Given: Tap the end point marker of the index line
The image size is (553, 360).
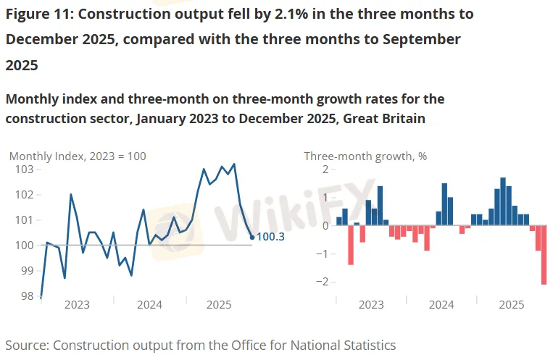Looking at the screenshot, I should (251, 237).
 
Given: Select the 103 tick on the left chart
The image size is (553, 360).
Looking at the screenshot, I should (24, 169).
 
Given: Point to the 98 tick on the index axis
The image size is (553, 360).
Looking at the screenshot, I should (28, 296).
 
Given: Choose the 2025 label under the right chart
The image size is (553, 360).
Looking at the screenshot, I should (512, 305).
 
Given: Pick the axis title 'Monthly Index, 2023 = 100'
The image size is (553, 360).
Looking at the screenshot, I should (78, 156).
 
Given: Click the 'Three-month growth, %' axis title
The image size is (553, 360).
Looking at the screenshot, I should (365, 156).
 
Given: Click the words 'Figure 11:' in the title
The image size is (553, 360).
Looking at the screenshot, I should (43, 14).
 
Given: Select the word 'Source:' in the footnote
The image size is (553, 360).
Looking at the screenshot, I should (27, 345).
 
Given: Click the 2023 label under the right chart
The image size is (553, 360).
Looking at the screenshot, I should (371, 305).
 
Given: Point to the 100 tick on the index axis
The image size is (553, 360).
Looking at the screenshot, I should (24, 245).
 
